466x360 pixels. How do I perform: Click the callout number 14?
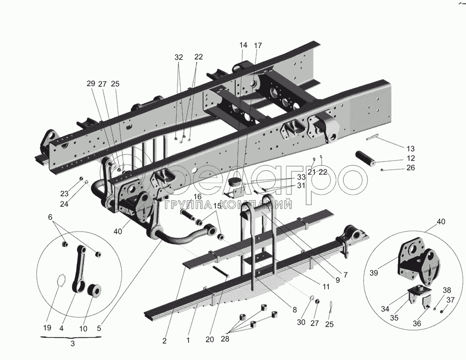point(243,45)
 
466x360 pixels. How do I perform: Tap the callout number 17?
point(258,46)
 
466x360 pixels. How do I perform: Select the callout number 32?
point(179,57)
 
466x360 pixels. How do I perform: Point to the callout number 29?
point(91,83)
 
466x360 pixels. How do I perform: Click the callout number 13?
point(411,149)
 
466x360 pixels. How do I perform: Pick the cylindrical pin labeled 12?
point(365,157)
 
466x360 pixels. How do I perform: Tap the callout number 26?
point(411,168)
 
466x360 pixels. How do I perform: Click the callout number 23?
point(65,194)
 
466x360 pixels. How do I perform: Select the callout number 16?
point(197,196)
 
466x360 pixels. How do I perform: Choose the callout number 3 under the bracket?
point(73,343)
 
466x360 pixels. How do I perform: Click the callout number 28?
point(225,339)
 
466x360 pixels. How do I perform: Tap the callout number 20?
point(210,339)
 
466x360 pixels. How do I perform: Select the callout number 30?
point(301,323)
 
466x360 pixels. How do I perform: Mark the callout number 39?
point(374,272)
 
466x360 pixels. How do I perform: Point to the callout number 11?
point(326,286)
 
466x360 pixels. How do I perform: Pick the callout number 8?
point(295,310)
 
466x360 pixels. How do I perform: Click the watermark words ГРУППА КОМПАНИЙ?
point(228,205)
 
